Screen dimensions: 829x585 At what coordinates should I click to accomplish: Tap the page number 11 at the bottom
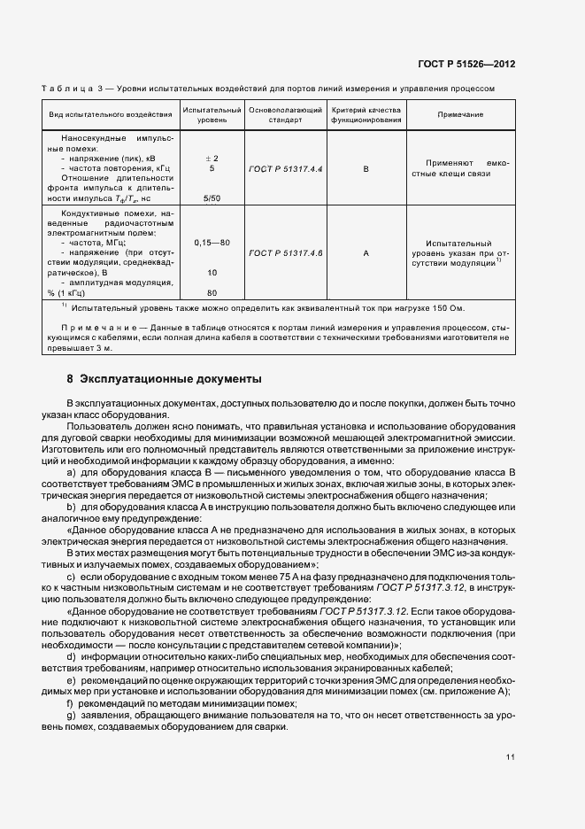click(x=511, y=757)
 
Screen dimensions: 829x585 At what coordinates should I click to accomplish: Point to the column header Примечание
click(x=459, y=115)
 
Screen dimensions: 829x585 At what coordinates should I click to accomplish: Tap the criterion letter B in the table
click(x=366, y=167)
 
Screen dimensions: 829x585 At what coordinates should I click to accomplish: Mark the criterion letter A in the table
click(x=366, y=253)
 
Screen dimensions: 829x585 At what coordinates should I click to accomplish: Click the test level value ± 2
click(x=212, y=158)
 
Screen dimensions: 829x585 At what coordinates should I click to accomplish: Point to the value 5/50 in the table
click(x=212, y=198)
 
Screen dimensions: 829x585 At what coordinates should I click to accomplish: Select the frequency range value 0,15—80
click(x=212, y=242)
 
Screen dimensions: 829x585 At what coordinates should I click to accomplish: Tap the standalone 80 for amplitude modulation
click(x=212, y=292)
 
